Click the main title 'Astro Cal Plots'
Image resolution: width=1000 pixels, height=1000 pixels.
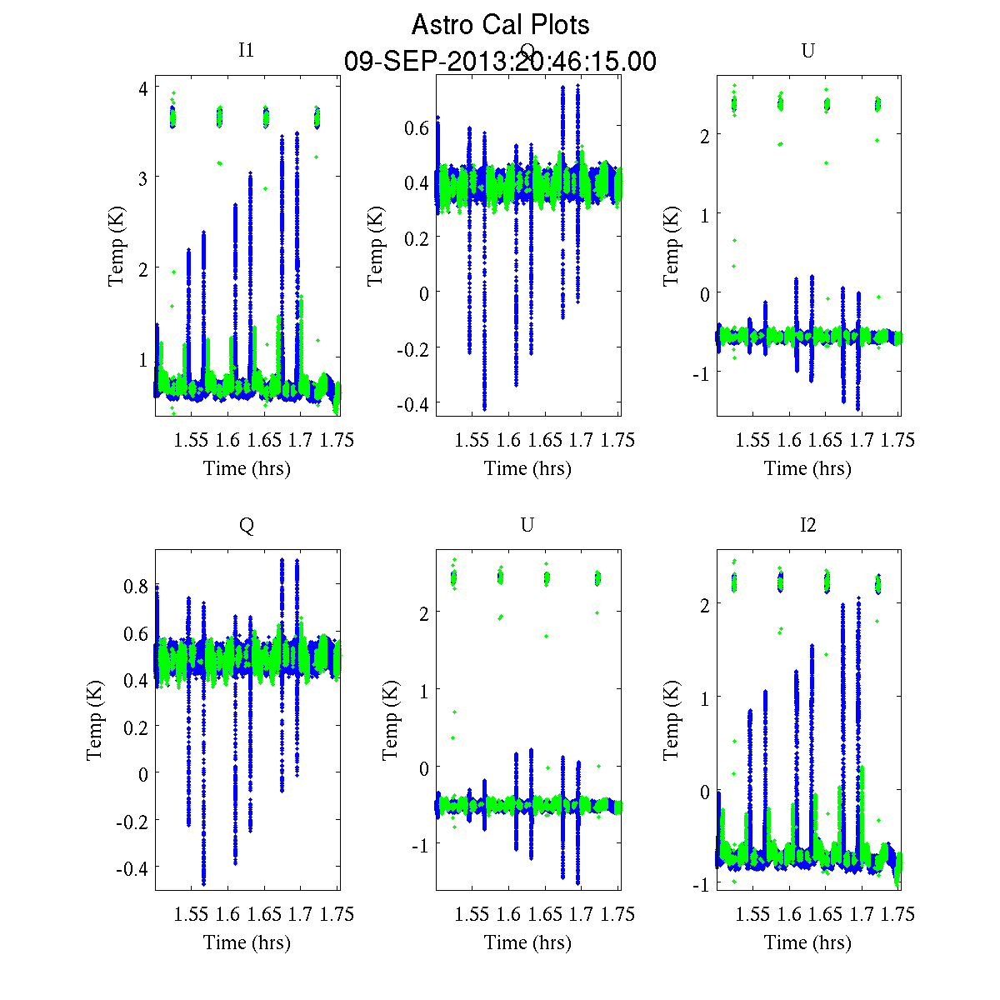tap(500, 25)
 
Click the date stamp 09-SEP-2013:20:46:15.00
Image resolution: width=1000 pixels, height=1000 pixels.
tap(500, 62)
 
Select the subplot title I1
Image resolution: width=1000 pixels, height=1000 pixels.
tap(246, 50)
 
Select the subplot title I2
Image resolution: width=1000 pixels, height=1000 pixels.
tap(807, 524)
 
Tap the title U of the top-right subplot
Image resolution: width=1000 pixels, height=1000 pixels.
tap(807, 50)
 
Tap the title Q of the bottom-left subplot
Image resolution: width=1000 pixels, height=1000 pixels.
tap(246, 524)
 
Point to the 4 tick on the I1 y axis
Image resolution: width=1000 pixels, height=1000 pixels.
tap(143, 87)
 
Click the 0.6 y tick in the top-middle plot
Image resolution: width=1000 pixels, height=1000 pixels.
tap(417, 127)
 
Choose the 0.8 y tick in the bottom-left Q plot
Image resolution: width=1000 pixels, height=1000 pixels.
tap(137, 587)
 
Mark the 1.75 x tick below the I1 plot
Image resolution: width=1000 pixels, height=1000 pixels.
tap(337, 440)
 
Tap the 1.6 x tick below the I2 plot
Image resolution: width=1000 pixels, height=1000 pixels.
tap(789, 914)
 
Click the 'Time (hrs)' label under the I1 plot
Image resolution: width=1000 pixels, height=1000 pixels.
tap(247, 468)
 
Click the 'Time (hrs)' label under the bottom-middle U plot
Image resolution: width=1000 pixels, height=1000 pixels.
tap(527, 942)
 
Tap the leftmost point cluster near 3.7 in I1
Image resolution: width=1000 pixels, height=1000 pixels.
tap(172, 117)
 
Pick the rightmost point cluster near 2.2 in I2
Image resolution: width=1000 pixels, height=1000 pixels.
tap(878, 583)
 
